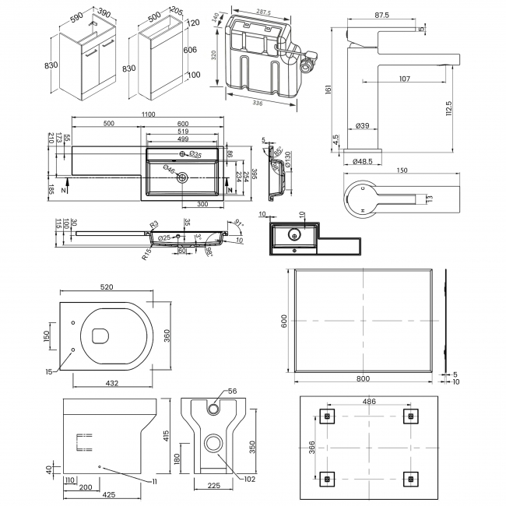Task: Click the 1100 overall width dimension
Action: tap(148, 115)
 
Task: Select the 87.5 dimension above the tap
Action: tap(381, 15)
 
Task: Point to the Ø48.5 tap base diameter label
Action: tap(363, 162)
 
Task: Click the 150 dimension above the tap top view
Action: tap(402, 170)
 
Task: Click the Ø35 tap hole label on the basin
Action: tap(199, 154)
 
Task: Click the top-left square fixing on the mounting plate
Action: tap(327, 416)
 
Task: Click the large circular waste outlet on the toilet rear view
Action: tap(211, 445)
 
